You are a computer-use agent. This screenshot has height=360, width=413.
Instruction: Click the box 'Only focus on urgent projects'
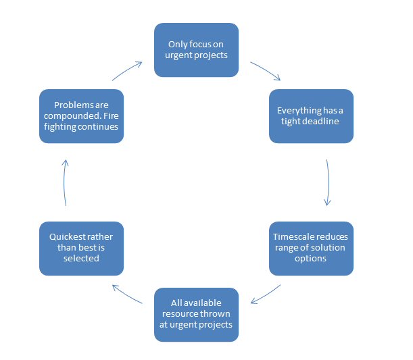[196, 50]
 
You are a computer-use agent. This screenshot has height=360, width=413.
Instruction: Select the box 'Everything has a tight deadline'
[311, 116]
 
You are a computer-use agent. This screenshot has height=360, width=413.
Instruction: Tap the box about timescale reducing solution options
[311, 248]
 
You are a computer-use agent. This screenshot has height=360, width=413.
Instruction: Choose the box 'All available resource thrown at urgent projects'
[196, 314]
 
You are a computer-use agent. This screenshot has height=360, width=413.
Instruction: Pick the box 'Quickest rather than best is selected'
[81, 248]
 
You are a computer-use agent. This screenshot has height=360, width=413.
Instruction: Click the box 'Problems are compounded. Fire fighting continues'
[81, 116]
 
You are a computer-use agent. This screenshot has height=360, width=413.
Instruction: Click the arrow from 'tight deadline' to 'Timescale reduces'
[328, 182]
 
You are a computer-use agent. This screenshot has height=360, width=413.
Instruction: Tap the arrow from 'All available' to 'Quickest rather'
[126, 294]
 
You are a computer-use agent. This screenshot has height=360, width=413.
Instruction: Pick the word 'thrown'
[217, 314]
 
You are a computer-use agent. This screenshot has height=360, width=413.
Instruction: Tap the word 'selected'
[81, 259]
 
